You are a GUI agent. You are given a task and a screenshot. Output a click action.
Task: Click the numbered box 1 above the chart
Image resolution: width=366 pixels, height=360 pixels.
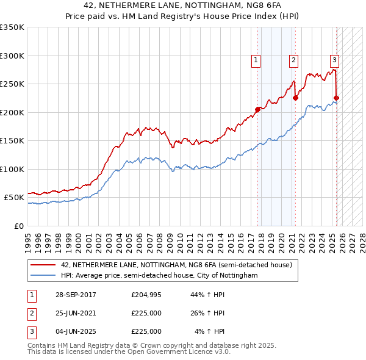[255, 60]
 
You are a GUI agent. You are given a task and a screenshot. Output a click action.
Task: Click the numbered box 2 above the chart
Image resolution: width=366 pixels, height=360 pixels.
[293, 60]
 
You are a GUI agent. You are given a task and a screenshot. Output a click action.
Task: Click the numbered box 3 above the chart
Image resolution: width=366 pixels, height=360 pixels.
[334, 60]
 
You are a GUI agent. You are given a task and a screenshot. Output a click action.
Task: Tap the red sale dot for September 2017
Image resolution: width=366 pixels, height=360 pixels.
[257, 109]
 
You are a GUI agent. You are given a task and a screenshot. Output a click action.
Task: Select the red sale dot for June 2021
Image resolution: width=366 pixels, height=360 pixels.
[295, 98]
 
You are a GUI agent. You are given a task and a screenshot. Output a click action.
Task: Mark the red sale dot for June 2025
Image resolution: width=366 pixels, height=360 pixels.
[336, 98]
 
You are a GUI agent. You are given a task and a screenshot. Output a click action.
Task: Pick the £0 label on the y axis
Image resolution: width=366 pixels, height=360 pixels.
[18, 226]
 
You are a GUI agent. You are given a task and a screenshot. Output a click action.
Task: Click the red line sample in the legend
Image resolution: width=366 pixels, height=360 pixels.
[43, 265]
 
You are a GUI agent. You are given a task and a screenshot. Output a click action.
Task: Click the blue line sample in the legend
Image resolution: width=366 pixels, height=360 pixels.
[43, 276]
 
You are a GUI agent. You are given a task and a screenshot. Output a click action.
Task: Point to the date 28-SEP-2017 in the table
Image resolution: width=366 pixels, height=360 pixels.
[75, 295]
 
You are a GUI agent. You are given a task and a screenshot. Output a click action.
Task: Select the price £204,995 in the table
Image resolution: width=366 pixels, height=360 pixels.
[146, 295]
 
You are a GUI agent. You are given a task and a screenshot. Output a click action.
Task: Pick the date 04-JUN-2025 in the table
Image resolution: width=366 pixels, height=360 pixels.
[75, 331]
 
